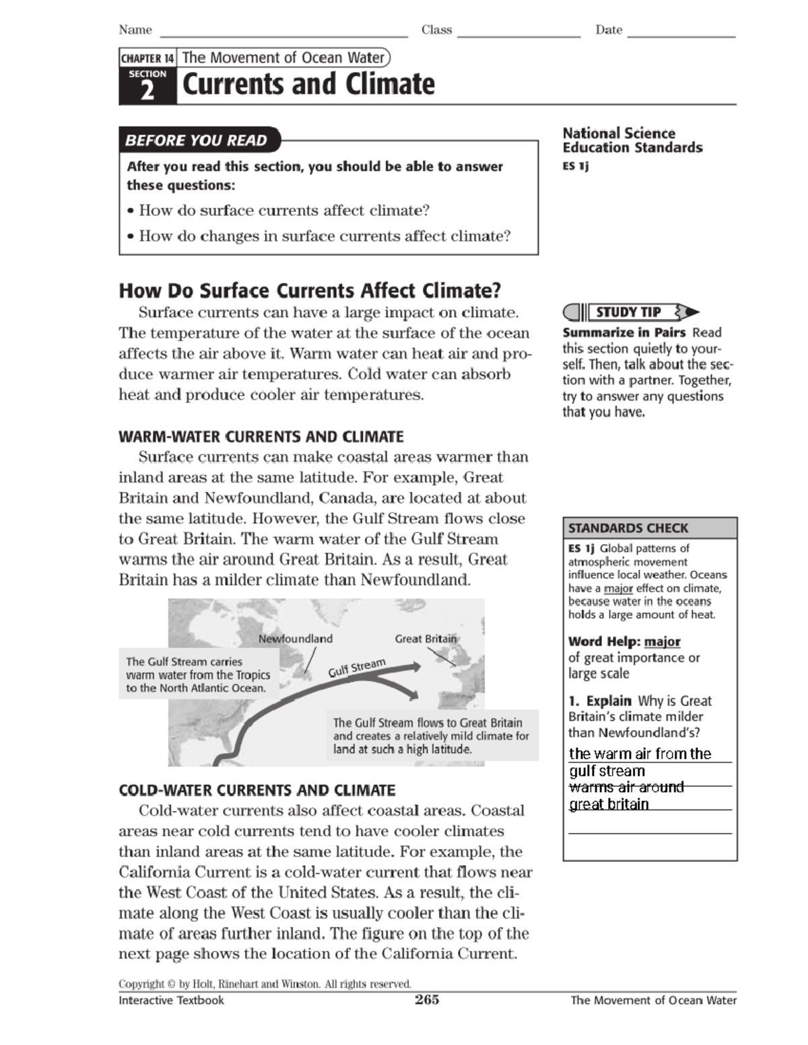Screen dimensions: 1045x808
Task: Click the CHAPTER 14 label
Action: tap(147, 59)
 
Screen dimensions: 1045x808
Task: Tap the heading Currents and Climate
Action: tap(308, 85)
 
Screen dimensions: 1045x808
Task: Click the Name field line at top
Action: tap(283, 34)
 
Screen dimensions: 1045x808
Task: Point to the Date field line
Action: tap(681, 34)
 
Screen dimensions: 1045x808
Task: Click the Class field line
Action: tap(518, 34)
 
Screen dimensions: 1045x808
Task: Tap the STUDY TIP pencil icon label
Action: tap(629, 312)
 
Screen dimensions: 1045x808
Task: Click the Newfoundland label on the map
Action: tap(296, 639)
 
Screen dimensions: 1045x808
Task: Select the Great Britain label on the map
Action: tap(426, 639)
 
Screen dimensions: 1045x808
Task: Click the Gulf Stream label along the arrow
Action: tap(357, 668)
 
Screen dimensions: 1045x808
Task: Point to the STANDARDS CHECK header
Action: tap(628, 528)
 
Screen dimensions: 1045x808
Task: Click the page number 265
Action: tap(427, 1000)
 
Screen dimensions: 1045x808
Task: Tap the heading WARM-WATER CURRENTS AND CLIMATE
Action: tap(261, 437)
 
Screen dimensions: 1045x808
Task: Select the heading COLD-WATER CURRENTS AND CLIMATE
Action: tap(257, 790)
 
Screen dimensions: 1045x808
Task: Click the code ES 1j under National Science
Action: tap(576, 166)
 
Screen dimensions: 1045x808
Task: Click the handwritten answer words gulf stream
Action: tap(607, 771)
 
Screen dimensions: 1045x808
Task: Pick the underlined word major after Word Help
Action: tap(662, 642)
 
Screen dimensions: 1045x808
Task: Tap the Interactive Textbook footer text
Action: tap(171, 1001)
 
